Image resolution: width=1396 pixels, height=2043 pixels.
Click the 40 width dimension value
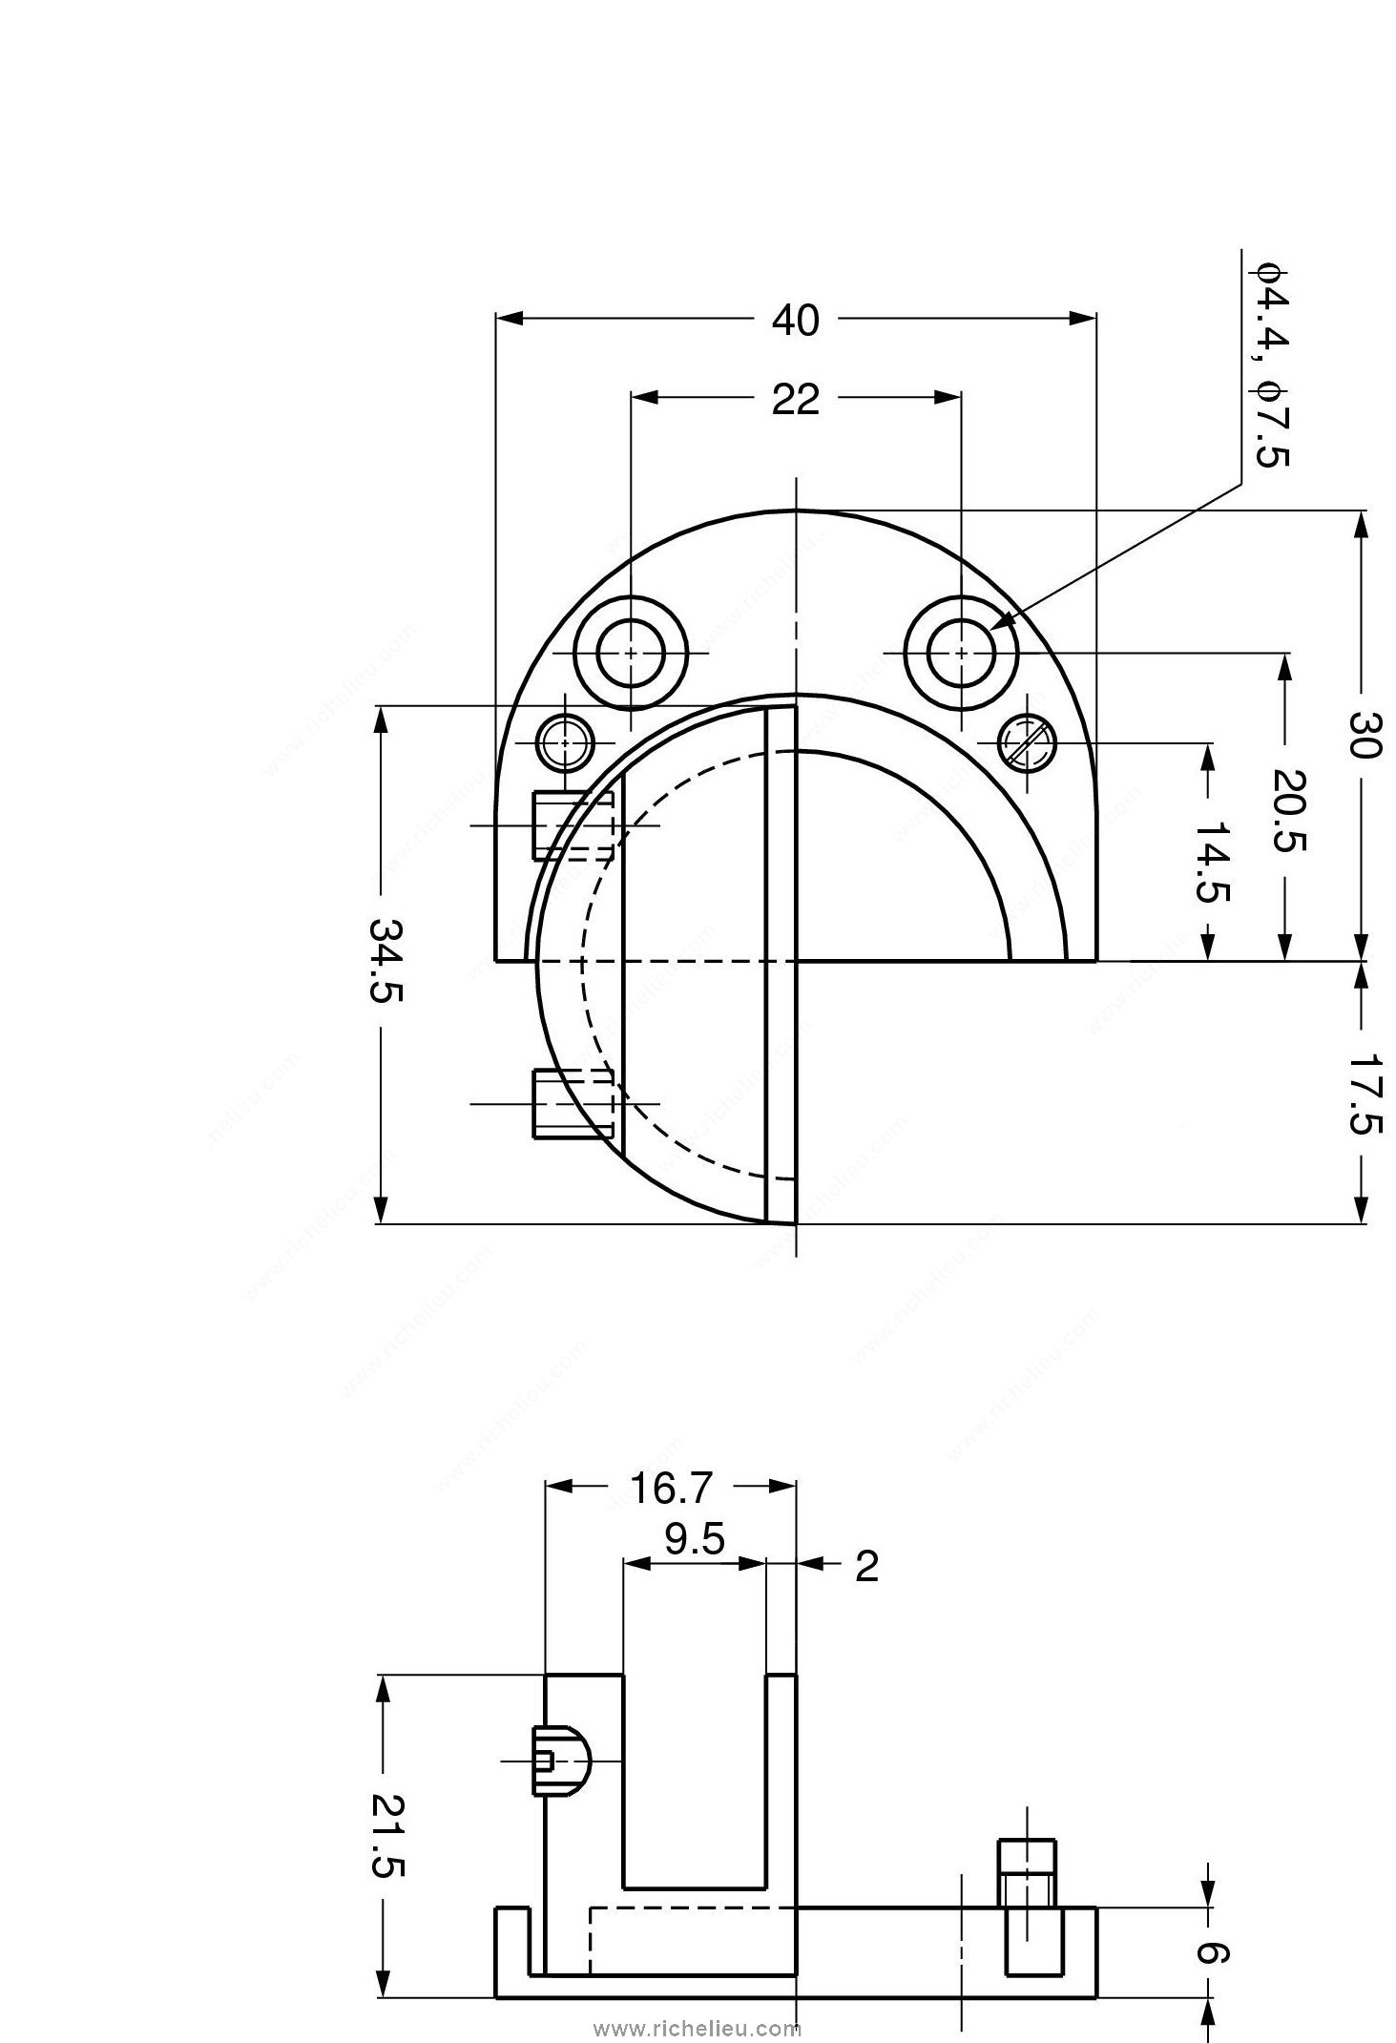tap(795, 321)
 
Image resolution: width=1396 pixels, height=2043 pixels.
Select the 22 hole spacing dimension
tap(795, 400)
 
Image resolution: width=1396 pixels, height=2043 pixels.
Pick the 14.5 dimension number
tap(1212, 862)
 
